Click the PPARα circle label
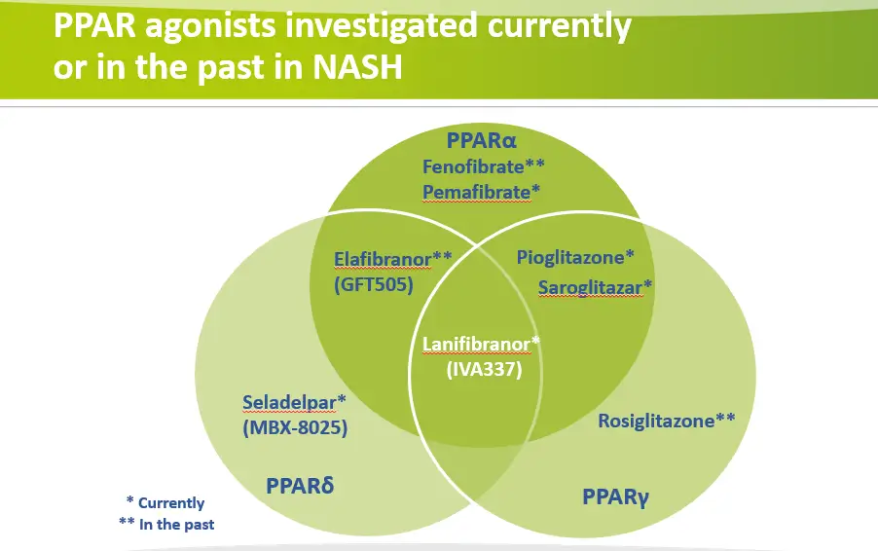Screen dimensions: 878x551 [481, 140]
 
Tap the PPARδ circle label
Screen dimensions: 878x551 [300, 486]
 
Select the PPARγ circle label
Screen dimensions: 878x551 [615, 496]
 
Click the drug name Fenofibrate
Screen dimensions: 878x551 [473, 166]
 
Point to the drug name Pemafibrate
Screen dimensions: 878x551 [476, 192]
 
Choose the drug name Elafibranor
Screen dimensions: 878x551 [383, 259]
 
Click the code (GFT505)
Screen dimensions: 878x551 [374, 284]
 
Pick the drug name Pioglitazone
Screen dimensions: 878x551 [570, 258]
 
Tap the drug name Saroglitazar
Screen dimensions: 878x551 [590, 288]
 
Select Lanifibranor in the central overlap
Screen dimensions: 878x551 [476, 344]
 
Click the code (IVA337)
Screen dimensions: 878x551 [484, 370]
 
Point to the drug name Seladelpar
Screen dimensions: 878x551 [289, 402]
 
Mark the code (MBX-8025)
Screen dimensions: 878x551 [295, 427]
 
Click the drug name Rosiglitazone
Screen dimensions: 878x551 [656, 421]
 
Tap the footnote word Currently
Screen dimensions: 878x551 [171, 503]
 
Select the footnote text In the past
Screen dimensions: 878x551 [176, 525]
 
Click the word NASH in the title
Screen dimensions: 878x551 [358, 67]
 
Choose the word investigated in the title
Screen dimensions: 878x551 [382, 26]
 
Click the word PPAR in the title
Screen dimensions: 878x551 [94, 25]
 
